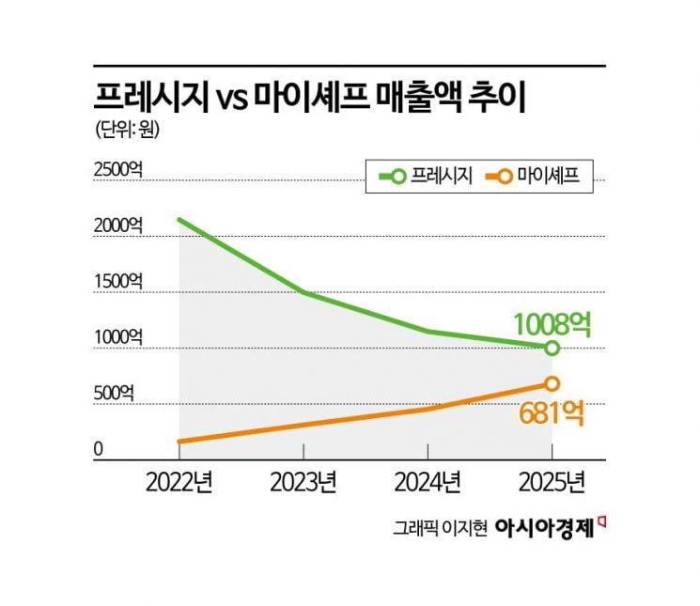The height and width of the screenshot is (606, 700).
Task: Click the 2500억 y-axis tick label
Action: click(118, 169)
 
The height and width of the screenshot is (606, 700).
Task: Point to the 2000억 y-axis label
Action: click(118, 225)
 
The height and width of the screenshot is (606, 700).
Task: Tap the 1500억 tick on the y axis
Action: click(118, 282)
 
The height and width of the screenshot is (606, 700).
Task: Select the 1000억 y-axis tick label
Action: click(118, 338)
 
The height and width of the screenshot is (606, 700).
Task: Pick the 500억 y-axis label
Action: click(114, 394)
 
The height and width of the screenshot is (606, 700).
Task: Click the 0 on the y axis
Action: click(99, 449)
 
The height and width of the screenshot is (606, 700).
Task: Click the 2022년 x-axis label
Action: click(179, 482)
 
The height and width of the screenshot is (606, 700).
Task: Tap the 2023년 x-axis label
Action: click(303, 482)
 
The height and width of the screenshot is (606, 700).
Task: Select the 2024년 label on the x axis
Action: click(428, 482)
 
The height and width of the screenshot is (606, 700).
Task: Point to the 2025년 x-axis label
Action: click(552, 482)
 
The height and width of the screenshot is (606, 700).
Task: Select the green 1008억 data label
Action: click(552, 324)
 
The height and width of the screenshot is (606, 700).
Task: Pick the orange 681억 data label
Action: click(552, 413)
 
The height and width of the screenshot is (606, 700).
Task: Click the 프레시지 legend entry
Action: click(426, 176)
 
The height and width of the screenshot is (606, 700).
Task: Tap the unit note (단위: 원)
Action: click(127, 130)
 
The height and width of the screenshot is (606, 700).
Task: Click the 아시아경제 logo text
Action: click(545, 528)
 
